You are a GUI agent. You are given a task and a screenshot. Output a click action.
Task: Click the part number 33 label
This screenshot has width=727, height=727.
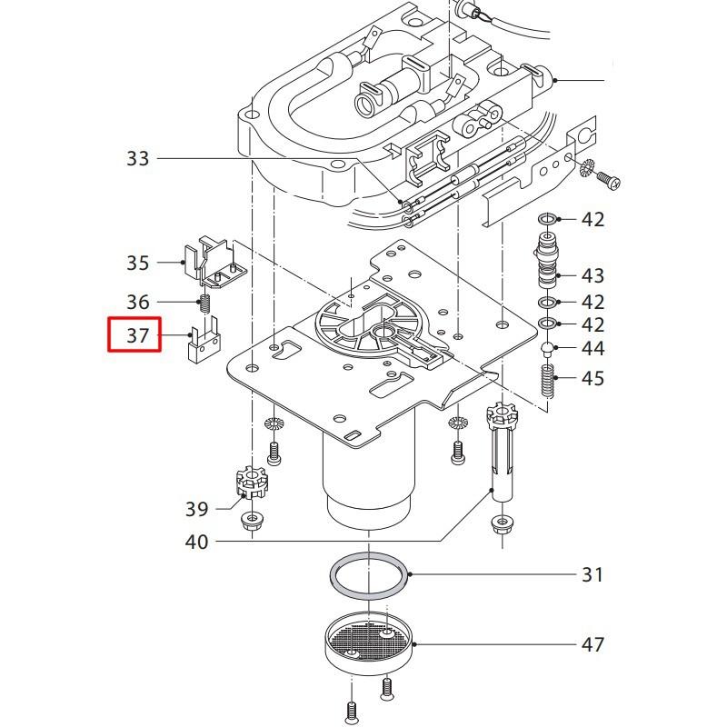click(x=137, y=159)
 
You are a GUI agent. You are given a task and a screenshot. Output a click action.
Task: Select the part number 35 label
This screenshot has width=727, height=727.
click(x=137, y=264)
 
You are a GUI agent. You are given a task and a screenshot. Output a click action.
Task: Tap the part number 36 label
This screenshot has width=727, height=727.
click(x=137, y=302)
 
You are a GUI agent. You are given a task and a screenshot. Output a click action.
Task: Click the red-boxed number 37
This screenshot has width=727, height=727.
click(x=136, y=335)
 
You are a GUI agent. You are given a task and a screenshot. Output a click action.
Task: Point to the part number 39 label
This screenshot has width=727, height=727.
click(x=197, y=509)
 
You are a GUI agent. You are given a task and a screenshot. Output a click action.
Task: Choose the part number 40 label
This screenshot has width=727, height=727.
click(x=197, y=543)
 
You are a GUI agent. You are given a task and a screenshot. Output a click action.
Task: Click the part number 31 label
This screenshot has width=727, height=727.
click(x=593, y=574)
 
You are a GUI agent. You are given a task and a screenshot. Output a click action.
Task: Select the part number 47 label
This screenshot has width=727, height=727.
click(x=593, y=645)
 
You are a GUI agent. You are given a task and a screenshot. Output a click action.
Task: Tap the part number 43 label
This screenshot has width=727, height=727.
click(x=593, y=275)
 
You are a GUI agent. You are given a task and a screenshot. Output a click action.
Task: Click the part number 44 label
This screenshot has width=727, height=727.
click(x=593, y=348)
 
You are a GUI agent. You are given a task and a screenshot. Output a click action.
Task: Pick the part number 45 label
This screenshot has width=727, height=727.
click(x=593, y=378)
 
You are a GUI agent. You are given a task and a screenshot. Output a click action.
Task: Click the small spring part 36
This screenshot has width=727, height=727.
click(x=205, y=303)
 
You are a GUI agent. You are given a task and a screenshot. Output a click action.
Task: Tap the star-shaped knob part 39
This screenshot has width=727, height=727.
click(x=250, y=482)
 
